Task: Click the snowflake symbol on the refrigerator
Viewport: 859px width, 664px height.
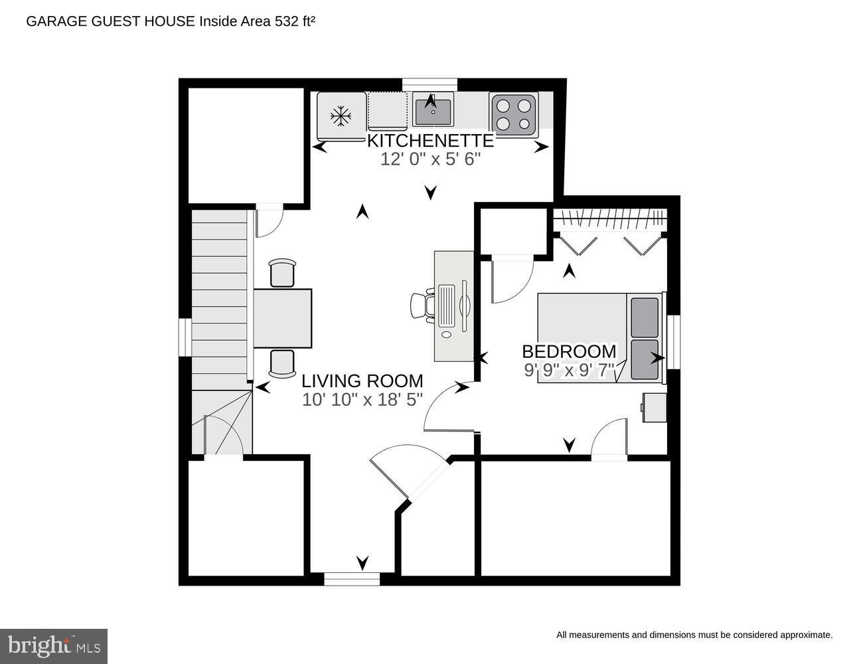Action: click(x=341, y=116)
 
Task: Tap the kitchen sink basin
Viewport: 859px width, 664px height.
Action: click(x=433, y=112)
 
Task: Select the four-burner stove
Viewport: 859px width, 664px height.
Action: click(x=514, y=114)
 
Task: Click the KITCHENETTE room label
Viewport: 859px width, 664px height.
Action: click(x=430, y=141)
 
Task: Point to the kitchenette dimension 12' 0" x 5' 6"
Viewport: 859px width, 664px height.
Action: click(x=430, y=159)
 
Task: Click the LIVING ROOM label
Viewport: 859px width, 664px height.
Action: click(x=362, y=381)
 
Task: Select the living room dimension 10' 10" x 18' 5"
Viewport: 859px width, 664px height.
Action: click(x=362, y=400)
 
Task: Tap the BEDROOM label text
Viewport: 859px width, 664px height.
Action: click(x=569, y=351)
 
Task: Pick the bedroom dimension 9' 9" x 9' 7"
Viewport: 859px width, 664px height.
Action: click(x=569, y=370)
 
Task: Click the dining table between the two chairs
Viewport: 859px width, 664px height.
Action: click(x=283, y=318)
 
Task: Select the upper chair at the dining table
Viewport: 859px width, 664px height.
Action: click(x=282, y=273)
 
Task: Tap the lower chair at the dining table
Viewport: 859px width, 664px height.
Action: click(x=282, y=363)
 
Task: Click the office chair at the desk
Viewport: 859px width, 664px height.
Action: click(x=421, y=305)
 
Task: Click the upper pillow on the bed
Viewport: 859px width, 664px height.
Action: click(x=645, y=317)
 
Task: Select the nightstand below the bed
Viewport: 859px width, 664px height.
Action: click(x=655, y=407)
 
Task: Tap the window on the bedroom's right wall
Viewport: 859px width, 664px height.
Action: click(x=673, y=341)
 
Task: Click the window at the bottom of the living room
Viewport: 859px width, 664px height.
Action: click(x=352, y=579)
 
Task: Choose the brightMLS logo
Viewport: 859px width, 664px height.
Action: click(x=54, y=645)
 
